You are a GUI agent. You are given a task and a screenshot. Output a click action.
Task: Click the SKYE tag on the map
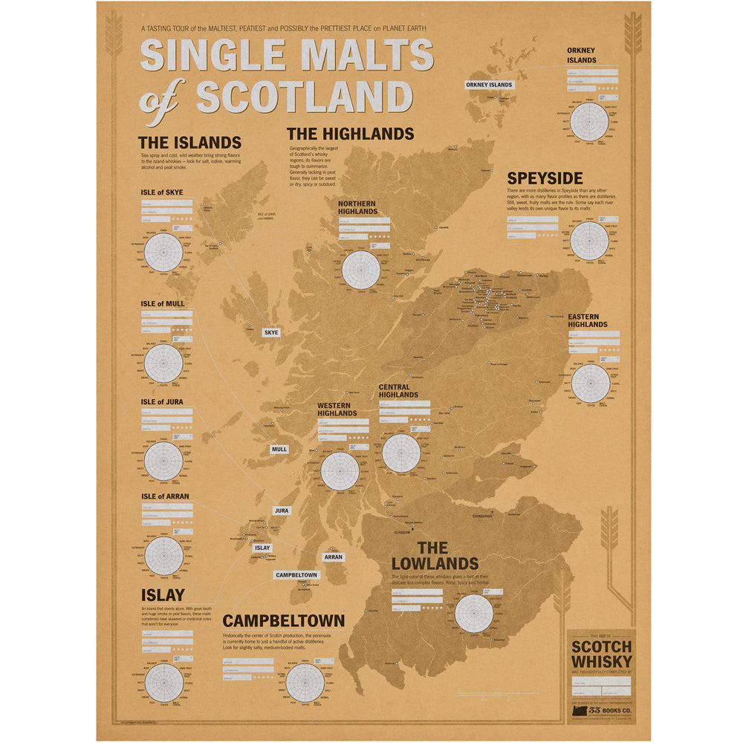coord(271,332)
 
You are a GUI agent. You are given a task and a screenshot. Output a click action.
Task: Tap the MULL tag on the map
coord(279,450)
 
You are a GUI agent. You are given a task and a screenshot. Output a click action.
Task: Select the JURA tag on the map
coord(281,511)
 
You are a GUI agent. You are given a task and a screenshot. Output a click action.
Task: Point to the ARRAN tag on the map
coord(333,556)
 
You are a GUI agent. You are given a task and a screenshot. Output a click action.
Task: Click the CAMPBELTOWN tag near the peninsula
coord(296,575)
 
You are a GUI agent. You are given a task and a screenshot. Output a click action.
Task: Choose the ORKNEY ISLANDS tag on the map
coord(489,85)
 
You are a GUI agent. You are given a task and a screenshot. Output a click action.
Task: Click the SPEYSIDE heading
coord(545,178)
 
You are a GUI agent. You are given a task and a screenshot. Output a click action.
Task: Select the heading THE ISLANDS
coord(189,143)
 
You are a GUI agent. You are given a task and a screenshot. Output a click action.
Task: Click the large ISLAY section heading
coord(163,595)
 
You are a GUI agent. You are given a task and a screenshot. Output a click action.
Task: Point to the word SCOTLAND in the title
coord(305,97)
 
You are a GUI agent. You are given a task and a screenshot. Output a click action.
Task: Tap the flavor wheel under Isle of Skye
coord(163,253)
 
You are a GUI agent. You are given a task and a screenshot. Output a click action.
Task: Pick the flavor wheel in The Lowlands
coord(474,614)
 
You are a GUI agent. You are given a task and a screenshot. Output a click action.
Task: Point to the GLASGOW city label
coord(403,532)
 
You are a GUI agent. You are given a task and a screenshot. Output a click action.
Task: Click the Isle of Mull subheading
coord(163,304)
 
